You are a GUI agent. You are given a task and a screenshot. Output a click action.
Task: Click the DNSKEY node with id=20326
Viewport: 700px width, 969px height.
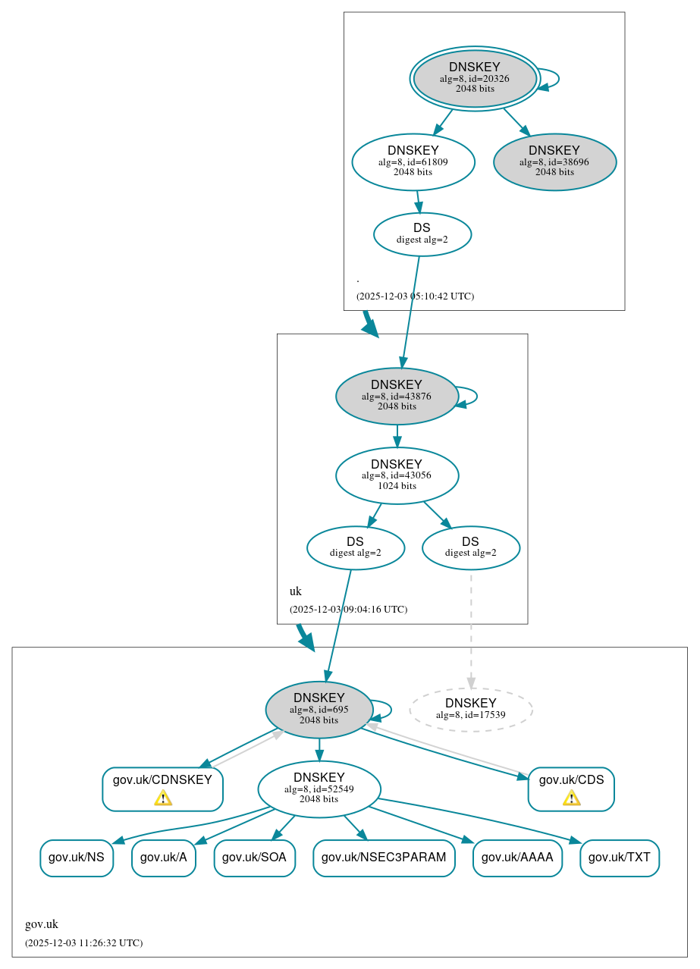(x=475, y=79)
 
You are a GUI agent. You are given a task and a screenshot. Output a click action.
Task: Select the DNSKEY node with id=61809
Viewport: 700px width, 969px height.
(x=413, y=161)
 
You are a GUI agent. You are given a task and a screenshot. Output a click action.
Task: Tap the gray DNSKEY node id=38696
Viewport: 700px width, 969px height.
(x=554, y=161)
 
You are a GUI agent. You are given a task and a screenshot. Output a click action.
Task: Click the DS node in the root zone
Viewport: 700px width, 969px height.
(x=422, y=234)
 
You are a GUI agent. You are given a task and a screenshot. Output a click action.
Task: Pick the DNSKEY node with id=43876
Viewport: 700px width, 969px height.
(x=397, y=396)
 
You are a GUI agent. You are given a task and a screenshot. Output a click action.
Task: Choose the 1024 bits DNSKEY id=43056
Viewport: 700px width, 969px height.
(x=397, y=475)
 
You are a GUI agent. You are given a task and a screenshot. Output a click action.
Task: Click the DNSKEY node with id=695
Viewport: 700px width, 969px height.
(x=319, y=710)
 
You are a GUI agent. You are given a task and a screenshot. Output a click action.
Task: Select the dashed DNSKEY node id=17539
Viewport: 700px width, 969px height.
(x=471, y=710)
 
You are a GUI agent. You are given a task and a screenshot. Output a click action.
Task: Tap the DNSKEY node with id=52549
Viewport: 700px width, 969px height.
(x=319, y=789)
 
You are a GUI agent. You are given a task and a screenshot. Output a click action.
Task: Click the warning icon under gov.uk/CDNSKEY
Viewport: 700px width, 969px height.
(x=162, y=798)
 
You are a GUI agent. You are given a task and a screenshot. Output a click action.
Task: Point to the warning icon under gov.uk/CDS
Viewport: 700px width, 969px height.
(x=571, y=798)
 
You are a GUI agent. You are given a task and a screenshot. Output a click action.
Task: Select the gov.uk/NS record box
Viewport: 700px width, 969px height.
(x=77, y=858)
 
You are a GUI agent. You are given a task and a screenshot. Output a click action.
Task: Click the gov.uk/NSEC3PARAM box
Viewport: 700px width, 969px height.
(x=384, y=858)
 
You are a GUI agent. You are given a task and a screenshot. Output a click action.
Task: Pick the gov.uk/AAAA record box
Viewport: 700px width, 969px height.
(x=517, y=858)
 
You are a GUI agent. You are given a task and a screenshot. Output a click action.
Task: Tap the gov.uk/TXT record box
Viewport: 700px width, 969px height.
(x=619, y=858)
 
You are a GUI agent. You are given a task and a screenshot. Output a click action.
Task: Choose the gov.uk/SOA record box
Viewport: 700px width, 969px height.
(x=254, y=858)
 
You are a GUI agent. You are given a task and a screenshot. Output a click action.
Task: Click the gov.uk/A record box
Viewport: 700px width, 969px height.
(x=163, y=858)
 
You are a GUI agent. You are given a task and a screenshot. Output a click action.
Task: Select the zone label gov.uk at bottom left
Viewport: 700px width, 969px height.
(x=42, y=924)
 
